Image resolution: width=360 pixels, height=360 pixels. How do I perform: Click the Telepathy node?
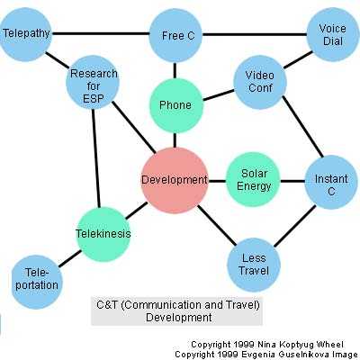25,34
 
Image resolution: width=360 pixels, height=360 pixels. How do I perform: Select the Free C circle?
175,35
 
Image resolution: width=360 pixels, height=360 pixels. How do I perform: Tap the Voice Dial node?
333,34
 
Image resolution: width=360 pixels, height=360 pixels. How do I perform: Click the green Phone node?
176,105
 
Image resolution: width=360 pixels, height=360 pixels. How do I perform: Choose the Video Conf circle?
260,82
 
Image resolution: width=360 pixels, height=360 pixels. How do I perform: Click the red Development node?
175,180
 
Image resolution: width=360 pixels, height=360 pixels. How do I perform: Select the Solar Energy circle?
253,180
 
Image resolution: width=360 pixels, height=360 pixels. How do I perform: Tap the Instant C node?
331,182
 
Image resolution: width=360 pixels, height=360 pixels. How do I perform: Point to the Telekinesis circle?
103,234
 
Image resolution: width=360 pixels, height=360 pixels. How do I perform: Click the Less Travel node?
254,265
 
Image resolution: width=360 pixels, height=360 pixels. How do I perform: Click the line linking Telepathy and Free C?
101,33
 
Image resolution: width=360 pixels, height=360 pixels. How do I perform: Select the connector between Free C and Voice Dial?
255,34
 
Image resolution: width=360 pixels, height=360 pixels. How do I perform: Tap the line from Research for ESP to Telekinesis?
96,158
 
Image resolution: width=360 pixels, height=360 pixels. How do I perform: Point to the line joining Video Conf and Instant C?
302,127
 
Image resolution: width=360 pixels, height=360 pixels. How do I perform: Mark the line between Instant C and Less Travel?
294,226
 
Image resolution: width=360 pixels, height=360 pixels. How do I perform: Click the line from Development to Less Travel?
217,225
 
